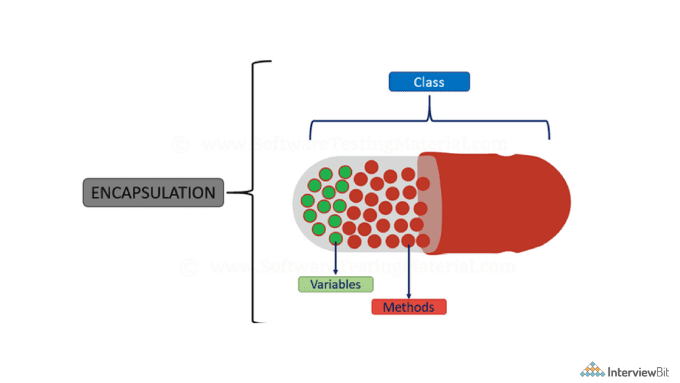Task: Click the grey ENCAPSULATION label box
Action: click(153, 193)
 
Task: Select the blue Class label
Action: click(429, 82)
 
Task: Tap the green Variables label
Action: click(335, 285)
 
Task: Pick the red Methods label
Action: click(408, 307)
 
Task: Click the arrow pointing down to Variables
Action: click(335, 259)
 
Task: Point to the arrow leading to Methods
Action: click(408, 273)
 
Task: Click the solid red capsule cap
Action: click(505, 203)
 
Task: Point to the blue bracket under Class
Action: click(430, 120)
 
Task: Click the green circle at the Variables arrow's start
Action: click(335, 237)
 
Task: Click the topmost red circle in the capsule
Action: click(371, 167)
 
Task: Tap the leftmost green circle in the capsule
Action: click(307, 201)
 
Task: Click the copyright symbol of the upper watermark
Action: click(179, 144)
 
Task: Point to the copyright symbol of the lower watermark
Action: click(188, 267)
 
